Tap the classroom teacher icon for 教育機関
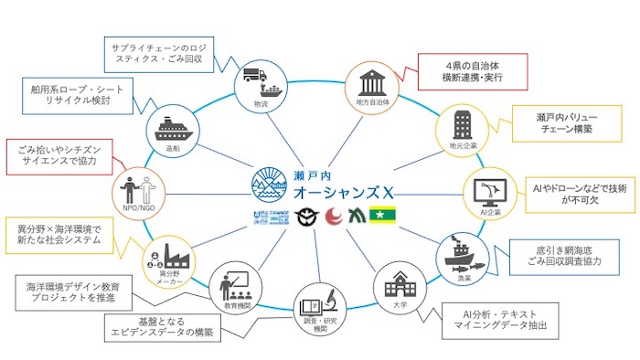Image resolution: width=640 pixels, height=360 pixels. [230, 285]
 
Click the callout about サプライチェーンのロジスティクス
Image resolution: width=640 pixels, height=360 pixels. [159, 56]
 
